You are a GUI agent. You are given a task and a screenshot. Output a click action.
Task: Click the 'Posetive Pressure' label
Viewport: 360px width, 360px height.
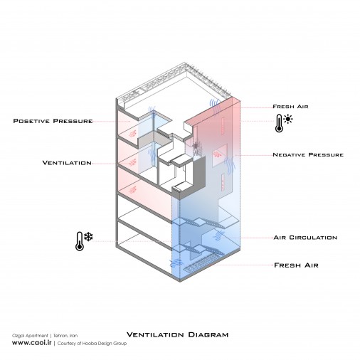click(x=53, y=121)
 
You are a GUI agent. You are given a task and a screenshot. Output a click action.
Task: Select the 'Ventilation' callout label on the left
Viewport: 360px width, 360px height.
click(x=67, y=163)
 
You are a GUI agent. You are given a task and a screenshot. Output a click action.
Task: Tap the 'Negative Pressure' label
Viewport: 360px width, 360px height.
click(x=308, y=155)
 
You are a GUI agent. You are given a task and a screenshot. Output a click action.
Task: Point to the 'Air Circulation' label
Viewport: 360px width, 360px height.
click(x=305, y=238)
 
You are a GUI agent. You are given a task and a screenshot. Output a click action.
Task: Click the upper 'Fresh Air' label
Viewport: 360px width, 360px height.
click(x=290, y=107)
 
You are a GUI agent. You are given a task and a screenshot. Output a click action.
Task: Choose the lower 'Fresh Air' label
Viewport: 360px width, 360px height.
click(x=296, y=265)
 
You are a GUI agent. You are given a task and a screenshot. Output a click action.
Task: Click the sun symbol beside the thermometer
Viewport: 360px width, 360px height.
click(x=288, y=119)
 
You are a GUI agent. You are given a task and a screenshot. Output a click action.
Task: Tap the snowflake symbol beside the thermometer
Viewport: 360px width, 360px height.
click(x=88, y=236)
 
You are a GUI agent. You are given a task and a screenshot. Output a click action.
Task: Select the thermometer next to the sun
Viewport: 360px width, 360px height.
click(x=279, y=123)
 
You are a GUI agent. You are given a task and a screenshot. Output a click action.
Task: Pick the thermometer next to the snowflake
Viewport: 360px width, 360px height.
click(x=80, y=241)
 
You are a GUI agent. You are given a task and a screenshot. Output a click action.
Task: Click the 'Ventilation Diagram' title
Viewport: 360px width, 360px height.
click(x=177, y=334)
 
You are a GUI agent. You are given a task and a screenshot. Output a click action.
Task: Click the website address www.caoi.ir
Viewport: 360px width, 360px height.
click(x=32, y=343)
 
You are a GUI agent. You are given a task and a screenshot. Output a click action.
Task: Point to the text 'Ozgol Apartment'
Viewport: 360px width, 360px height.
click(x=30, y=336)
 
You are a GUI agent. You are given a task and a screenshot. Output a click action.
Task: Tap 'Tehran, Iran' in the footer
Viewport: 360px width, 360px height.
click(x=65, y=336)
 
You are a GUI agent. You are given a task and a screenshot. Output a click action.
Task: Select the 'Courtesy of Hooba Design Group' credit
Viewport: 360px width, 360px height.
click(x=92, y=344)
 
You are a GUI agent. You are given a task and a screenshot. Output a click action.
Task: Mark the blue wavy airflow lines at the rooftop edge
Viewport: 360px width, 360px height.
click(x=214, y=106)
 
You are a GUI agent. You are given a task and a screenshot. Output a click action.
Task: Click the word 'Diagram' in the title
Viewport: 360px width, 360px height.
click(x=208, y=334)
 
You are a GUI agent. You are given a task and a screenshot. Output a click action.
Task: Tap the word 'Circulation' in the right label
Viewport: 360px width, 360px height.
click(x=313, y=238)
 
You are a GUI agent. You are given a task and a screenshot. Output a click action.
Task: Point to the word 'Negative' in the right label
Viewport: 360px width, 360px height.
click(x=289, y=155)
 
